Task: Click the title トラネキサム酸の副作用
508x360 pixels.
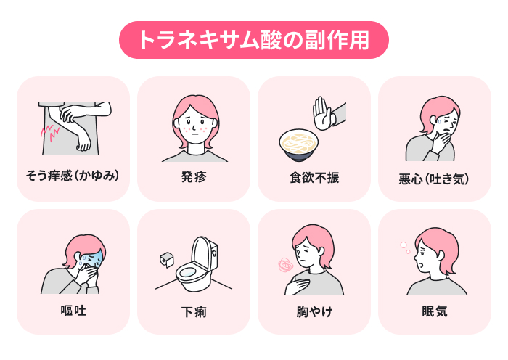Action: (x=254, y=40)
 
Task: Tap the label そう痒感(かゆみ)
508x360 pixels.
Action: (x=73, y=176)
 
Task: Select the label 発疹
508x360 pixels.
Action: (x=194, y=177)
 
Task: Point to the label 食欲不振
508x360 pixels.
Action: (x=314, y=178)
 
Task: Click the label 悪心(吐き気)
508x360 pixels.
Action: (x=434, y=179)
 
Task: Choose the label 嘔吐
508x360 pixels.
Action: (x=73, y=311)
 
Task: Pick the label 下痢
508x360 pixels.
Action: (x=194, y=312)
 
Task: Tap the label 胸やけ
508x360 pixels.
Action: (x=314, y=311)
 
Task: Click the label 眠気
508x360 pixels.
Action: (x=435, y=311)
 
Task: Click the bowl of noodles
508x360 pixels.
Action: (x=298, y=145)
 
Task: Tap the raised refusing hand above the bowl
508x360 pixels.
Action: (x=322, y=113)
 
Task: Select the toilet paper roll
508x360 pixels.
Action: (x=167, y=260)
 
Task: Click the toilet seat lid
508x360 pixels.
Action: (x=202, y=253)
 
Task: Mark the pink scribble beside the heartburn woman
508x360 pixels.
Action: (x=286, y=266)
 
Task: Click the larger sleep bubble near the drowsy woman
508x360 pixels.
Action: (x=403, y=245)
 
